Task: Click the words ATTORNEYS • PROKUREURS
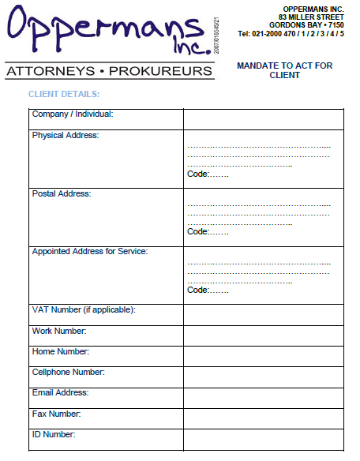point(109,72)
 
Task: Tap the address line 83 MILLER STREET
point(311,17)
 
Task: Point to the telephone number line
point(291,34)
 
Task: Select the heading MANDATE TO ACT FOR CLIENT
point(284,71)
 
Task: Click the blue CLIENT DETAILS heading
point(64,95)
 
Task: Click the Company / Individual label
point(73,114)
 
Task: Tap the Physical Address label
point(66,136)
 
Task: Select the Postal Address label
point(62,194)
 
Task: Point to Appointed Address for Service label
point(90,252)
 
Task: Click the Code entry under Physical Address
point(208,174)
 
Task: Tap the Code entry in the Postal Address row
point(208,232)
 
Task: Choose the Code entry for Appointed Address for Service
point(208,290)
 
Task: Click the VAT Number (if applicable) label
point(84,309)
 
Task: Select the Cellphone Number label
point(68,372)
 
